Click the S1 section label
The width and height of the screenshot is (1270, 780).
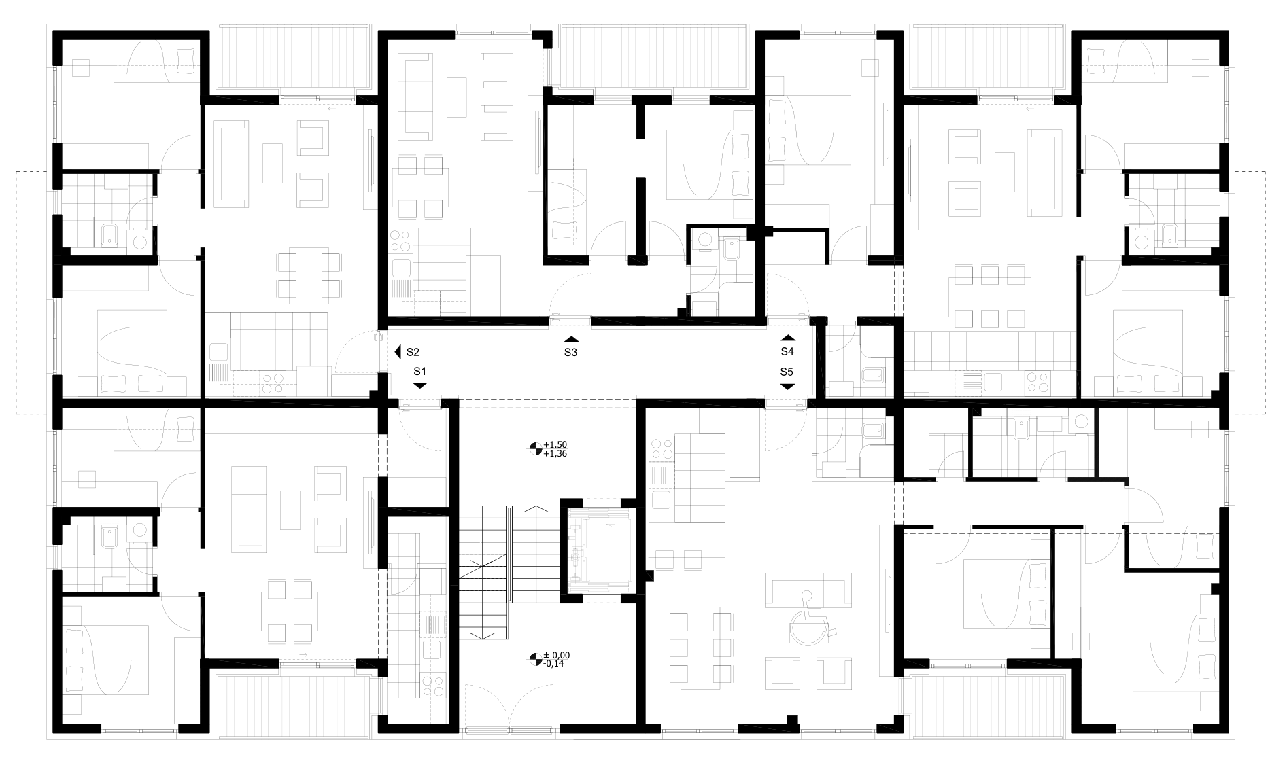pyautogui.click(x=419, y=372)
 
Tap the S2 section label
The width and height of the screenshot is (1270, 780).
pyautogui.click(x=413, y=352)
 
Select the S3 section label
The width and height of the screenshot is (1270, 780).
pyautogui.click(x=570, y=352)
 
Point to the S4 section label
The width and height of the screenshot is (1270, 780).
pyautogui.click(x=787, y=351)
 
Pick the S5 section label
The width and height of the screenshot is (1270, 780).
pyautogui.click(x=787, y=372)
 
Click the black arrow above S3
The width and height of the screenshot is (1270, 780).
pyautogui.click(x=571, y=339)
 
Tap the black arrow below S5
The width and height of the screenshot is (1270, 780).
pyautogui.click(x=787, y=386)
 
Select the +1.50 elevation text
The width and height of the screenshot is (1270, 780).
pyautogui.click(x=555, y=444)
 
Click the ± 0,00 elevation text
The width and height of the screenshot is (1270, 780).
pyautogui.click(x=556, y=655)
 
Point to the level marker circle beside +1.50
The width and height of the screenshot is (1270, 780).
pyautogui.click(x=536, y=448)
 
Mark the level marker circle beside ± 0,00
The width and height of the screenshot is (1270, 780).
pyautogui.click(x=536, y=658)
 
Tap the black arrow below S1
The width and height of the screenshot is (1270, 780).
pyautogui.click(x=419, y=385)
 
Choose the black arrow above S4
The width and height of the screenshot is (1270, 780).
pyautogui.click(x=787, y=337)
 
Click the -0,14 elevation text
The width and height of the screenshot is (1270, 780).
pyautogui.click(x=555, y=664)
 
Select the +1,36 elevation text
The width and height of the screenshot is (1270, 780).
pyautogui.click(x=555, y=453)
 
